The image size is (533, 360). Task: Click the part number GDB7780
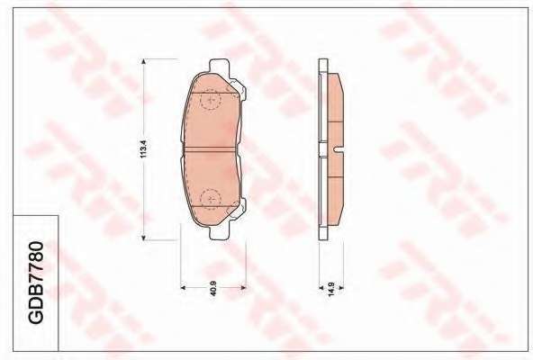(x=35, y=283)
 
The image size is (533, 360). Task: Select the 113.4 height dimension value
(x=143, y=148)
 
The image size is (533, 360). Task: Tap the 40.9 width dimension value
(x=213, y=288)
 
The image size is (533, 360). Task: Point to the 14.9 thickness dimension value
(x=331, y=289)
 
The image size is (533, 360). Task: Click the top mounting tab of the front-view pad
(x=220, y=66)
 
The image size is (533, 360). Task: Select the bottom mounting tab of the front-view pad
(x=220, y=233)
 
